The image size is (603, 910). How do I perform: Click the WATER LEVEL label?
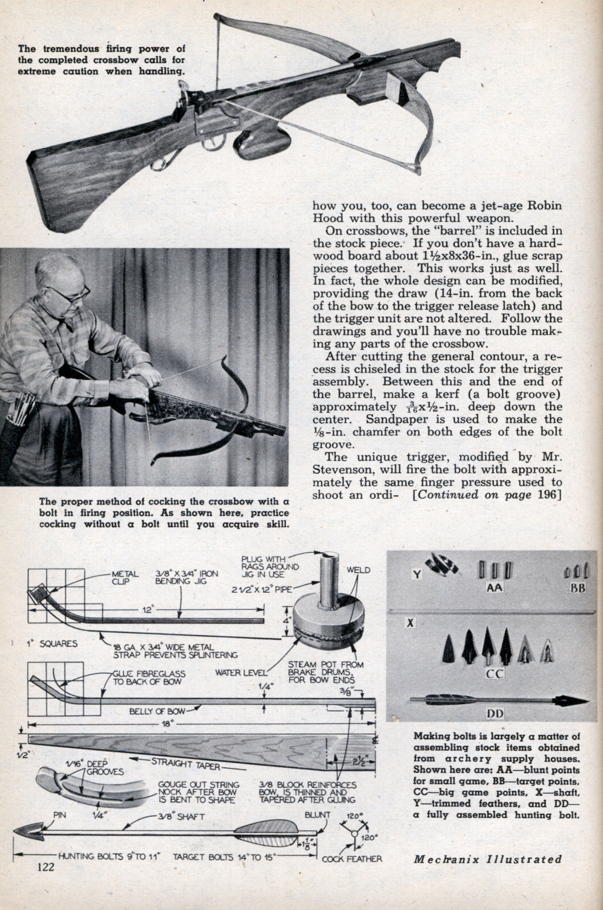[x=241, y=673]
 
